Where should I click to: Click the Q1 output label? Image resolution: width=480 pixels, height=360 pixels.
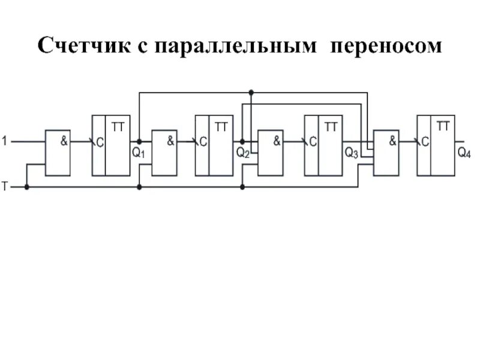pyautogui.click(x=138, y=152)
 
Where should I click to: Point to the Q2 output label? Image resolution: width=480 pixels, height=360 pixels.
pyautogui.click(x=242, y=152)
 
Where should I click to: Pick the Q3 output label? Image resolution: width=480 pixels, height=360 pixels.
pyautogui.click(x=351, y=152)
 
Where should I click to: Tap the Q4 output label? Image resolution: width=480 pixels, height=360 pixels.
pyautogui.click(x=464, y=152)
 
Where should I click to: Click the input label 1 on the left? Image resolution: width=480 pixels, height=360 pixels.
pyautogui.click(x=5, y=142)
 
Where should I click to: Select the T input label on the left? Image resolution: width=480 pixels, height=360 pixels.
pyautogui.click(x=5, y=187)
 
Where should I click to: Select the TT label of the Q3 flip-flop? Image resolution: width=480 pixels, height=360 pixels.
pyautogui.click(x=331, y=127)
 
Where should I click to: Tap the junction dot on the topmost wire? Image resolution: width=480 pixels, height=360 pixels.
pyautogui.click(x=251, y=92)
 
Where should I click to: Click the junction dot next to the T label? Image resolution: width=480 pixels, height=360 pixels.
pyautogui.click(x=26, y=187)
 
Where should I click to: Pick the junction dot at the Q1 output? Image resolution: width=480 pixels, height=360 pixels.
pyautogui.click(x=139, y=142)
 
